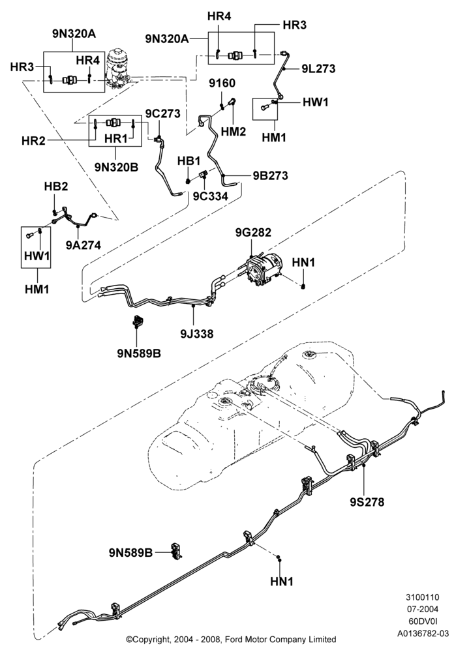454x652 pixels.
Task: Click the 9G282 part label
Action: pos(253,232)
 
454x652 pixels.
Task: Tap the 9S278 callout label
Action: pos(367,502)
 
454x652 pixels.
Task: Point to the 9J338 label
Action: pos(196,333)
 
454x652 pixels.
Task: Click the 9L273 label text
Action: pos(318,68)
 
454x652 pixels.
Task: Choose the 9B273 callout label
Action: pos(271,175)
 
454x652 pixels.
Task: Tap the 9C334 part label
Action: pos(210,196)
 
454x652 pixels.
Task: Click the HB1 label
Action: pos(189,161)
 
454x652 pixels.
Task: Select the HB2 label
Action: pos(55,186)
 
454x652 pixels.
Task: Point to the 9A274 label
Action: pos(83,245)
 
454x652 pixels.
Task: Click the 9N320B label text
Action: pos(116,167)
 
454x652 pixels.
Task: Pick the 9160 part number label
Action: pos(222,83)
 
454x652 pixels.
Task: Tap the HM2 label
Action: pos(233,132)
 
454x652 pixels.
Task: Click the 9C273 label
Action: pos(162,113)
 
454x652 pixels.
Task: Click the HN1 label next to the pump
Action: pos(303,262)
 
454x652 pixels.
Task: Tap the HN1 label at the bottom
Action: pos(282,582)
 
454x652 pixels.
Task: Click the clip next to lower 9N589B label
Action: pos(176,552)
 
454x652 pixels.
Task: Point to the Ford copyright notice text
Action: pos(231,639)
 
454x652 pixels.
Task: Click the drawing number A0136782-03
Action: pos(423,634)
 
